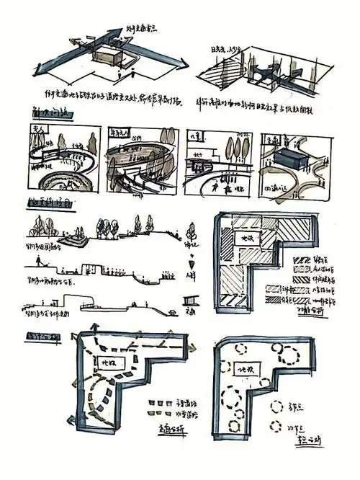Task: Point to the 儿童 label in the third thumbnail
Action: [x=194, y=134]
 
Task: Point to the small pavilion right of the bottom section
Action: [x=191, y=298]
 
